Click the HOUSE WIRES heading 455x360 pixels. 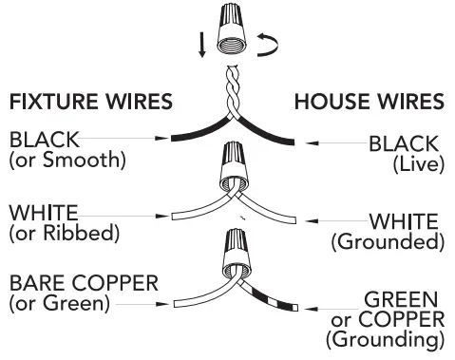click(x=369, y=101)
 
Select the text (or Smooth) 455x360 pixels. click(x=66, y=160)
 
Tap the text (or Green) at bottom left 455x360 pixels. click(x=59, y=304)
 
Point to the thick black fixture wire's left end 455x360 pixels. click(x=173, y=139)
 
